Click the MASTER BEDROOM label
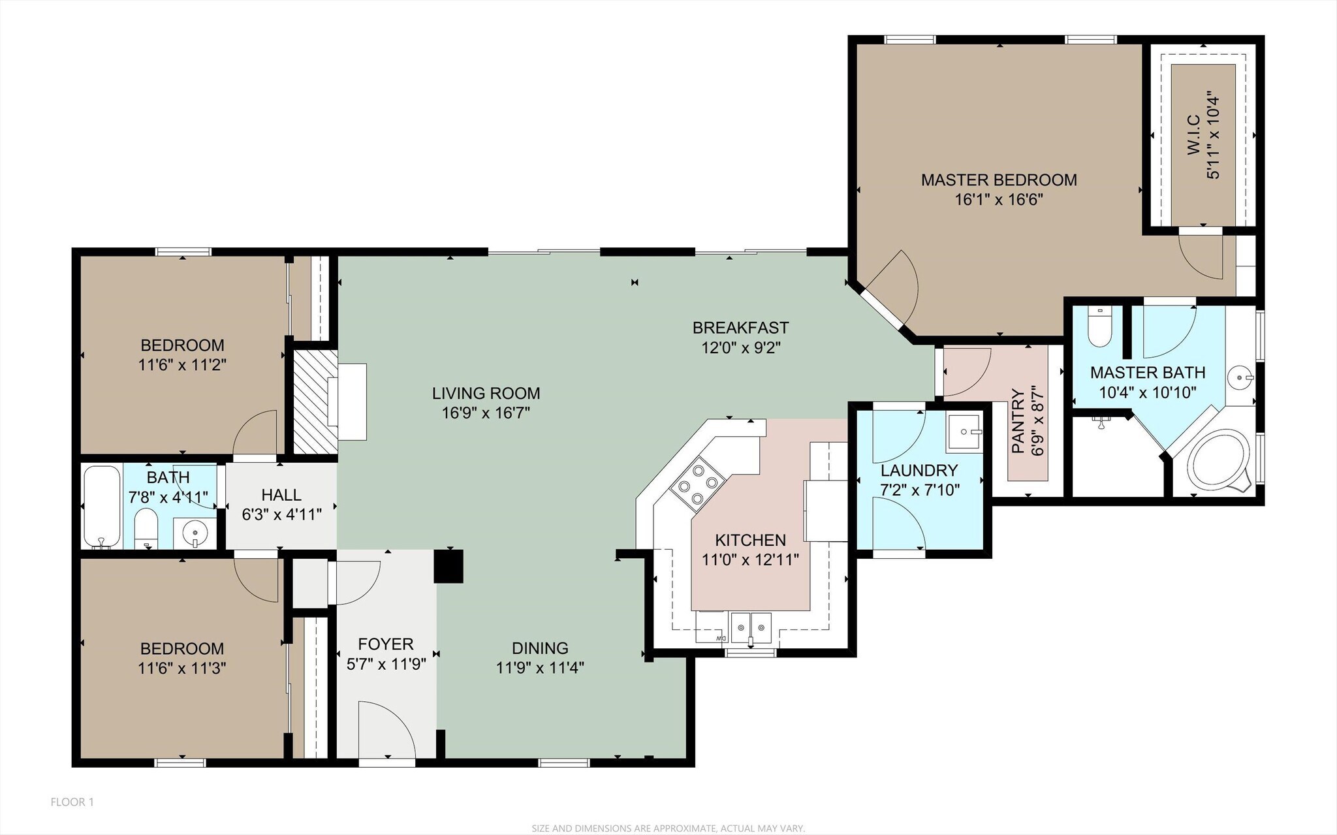pos(998,180)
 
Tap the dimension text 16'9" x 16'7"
pos(485,413)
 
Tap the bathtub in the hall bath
pos(102,506)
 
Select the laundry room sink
pos(965,432)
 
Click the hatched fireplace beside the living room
pos(315,401)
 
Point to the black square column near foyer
pos(449,566)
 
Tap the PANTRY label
pos(1018,421)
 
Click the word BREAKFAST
pos(740,327)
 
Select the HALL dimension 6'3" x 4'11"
pos(281,514)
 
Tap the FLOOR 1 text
pos(72,802)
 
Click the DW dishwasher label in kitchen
pos(720,638)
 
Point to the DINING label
pos(539,648)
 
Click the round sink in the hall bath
pos(195,533)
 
